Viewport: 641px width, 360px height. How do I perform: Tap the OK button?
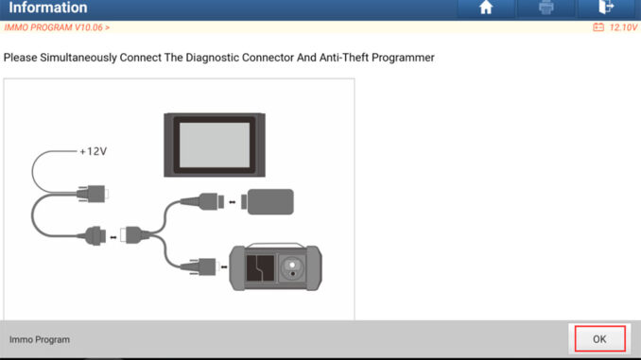pos(599,339)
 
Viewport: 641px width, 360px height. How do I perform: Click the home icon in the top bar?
pos(486,8)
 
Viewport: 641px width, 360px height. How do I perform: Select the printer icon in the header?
pos(546,8)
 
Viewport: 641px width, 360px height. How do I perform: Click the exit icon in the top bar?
pos(606,7)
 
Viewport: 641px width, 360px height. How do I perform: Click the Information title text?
pos(48,8)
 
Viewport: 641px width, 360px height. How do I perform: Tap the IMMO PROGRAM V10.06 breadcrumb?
pos(57,27)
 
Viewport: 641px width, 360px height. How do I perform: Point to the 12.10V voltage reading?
pos(623,27)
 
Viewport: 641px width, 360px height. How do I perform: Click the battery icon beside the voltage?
pos(598,27)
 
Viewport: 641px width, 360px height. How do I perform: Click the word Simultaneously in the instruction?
pos(78,58)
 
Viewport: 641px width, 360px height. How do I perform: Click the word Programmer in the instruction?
pos(403,58)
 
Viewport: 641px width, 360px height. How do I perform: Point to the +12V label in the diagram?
pos(94,151)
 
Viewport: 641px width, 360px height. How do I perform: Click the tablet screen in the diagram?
pos(215,145)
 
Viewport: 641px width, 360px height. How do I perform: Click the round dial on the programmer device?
pos(292,268)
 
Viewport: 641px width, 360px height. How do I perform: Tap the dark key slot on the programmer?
pos(260,268)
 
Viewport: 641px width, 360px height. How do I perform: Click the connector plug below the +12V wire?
pos(92,194)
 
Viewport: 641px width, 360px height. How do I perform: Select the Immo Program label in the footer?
pos(40,339)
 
